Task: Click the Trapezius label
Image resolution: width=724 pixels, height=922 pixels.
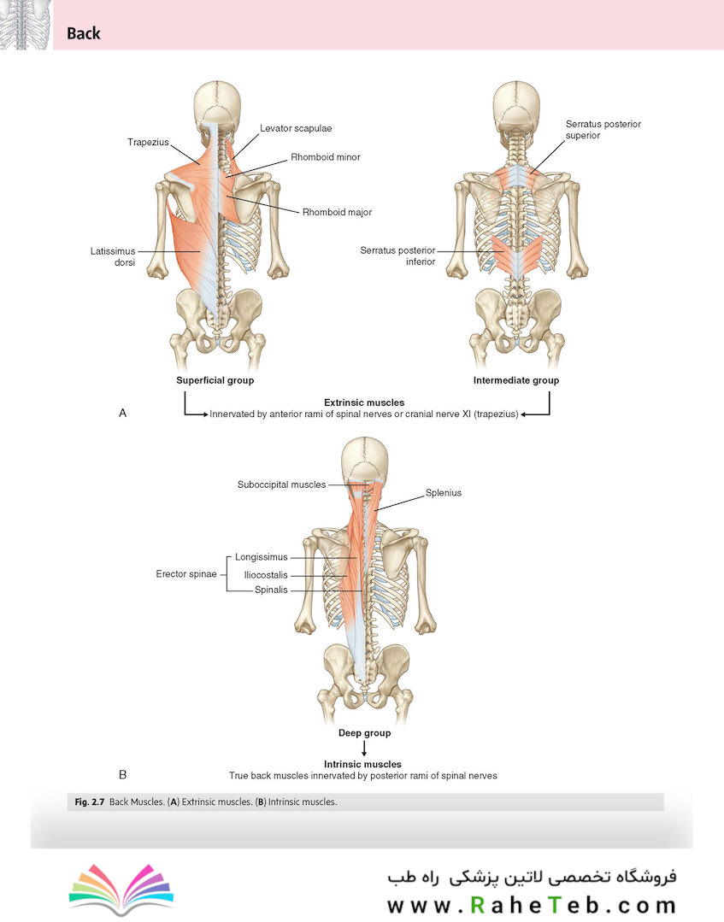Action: pos(148,143)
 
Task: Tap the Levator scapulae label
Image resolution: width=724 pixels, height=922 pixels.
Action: pos(296,128)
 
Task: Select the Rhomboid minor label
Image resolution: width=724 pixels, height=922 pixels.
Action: pos(325,157)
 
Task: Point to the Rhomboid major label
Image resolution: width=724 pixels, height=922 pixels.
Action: pos(337,212)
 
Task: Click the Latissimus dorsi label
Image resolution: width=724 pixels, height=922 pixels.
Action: pos(113,256)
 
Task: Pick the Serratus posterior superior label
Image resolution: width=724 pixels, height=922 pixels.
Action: pos(603,129)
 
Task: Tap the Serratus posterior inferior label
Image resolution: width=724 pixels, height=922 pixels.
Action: pos(397,255)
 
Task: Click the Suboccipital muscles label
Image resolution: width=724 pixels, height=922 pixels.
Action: pos(282,484)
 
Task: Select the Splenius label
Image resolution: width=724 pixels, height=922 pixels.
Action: pos(444,493)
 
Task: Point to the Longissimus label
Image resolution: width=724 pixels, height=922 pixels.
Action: pos(261,557)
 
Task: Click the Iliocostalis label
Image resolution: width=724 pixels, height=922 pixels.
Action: pos(266,575)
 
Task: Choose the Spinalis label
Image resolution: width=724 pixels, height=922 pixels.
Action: pos(271,590)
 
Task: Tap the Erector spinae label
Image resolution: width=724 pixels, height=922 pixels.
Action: pos(186,574)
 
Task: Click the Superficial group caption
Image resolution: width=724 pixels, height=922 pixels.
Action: pos(215,380)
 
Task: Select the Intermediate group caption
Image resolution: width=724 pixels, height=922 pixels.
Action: pos(516,380)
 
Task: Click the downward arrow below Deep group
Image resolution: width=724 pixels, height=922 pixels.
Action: pos(365,748)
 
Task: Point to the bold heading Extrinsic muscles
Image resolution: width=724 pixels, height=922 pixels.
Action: pos(364,402)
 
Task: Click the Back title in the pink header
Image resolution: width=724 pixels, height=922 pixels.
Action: pos(84,33)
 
